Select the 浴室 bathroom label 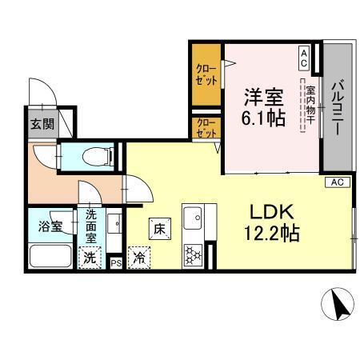pyautogui.click(x=50, y=226)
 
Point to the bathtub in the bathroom pyautogui.click(x=50, y=257)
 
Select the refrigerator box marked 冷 pyautogui.click(x=138, y=258)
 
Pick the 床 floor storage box pyautogui.click(x=159, y=228)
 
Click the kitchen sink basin pyautogui.click(x=193, y=217)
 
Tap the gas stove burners pyautogui.click(x=192, y=255)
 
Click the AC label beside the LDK pyautogui.click(x=337, y=182)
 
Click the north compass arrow pyautogui.click(x=336, y=304)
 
